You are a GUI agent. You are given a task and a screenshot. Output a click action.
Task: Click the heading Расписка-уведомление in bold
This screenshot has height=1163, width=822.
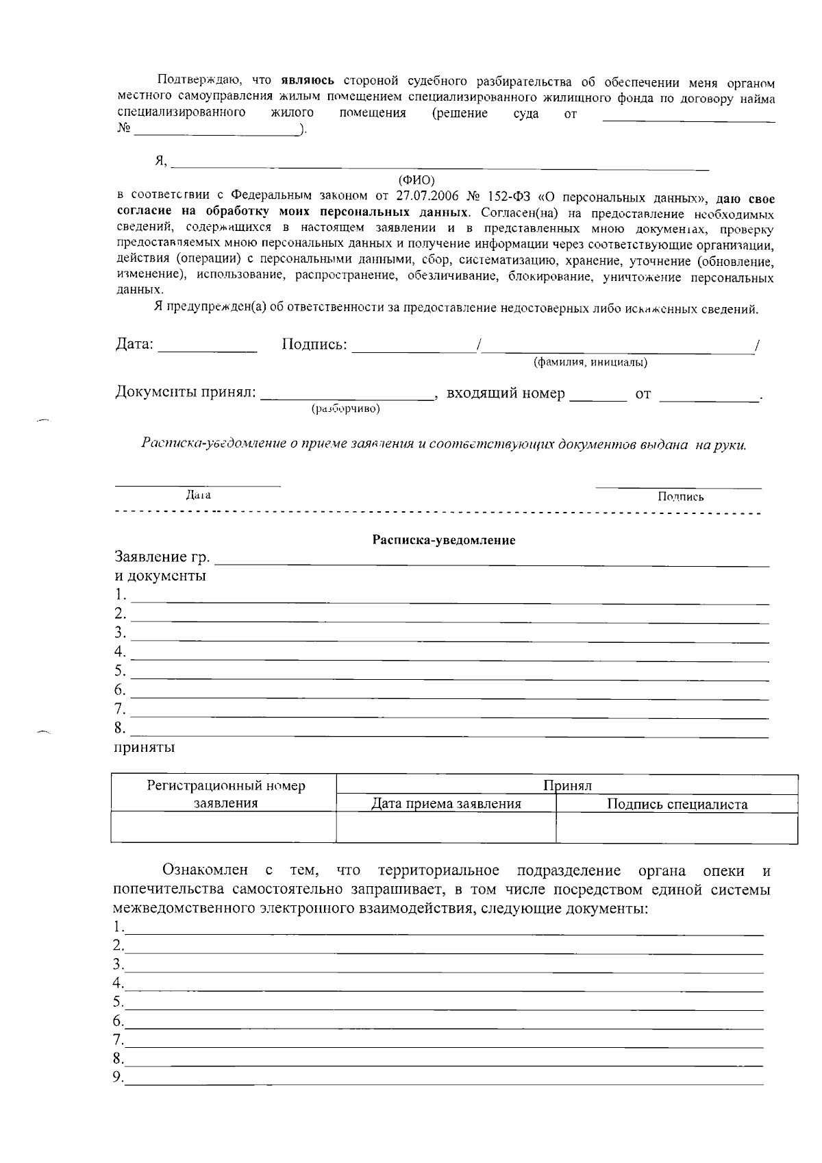(443, 540)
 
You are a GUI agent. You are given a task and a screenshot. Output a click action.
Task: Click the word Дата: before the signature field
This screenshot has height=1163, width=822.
(134, 345)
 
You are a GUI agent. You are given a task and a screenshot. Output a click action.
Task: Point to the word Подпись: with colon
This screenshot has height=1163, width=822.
(314, 345)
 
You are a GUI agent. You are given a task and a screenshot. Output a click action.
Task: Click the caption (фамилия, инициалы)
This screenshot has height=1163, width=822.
(590, 363)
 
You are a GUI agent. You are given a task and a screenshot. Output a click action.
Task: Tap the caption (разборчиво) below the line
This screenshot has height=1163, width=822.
(345, 409)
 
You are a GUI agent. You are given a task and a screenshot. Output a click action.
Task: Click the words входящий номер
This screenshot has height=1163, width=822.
(506, 394)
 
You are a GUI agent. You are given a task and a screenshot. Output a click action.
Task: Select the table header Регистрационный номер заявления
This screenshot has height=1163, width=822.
(225, 794)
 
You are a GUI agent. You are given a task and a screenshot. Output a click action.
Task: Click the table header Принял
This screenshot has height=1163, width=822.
(566, 785)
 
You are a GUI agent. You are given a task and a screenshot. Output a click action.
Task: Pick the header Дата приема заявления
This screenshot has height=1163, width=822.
(446, 804)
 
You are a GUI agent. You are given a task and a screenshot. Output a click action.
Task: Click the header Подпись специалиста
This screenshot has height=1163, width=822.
(677, 805)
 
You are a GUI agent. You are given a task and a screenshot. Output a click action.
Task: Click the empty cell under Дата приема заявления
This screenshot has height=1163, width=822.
(446, 828)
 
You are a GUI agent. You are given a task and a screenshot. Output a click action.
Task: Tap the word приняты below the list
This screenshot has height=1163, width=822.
(144, 747)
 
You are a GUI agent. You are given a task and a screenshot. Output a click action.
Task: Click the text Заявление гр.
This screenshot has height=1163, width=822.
(162, 556)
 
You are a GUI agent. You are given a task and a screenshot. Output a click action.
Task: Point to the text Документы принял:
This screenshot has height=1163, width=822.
(185, 393)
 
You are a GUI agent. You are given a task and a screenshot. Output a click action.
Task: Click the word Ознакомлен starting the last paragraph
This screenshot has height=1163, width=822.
(205, 871)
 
